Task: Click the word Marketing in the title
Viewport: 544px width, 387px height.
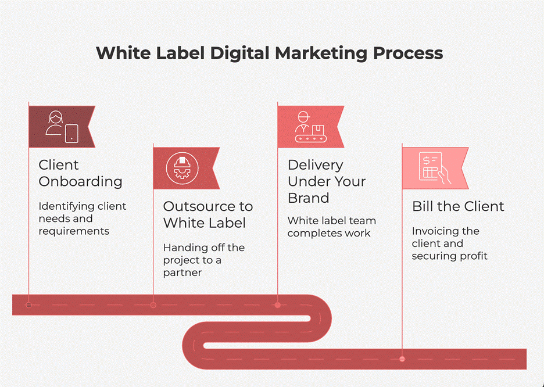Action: tap(321, 53)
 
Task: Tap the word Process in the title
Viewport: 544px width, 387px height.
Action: tap(408, 53)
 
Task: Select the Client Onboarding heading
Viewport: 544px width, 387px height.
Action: tap(80, 173)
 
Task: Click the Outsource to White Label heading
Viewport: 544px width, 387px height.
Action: tap(208, 214)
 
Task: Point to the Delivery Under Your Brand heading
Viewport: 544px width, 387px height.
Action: tap(327, 181)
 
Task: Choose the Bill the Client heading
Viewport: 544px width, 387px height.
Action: tap(458, 206)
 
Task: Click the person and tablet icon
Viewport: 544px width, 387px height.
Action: tap(62, 127)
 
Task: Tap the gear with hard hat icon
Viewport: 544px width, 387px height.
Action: tap(182, 168)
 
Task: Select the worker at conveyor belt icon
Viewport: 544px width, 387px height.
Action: tap(310, 127)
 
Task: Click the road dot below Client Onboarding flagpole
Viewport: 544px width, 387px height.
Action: tap(29, 305)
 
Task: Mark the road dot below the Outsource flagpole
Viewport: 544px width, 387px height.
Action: tap(153, 305)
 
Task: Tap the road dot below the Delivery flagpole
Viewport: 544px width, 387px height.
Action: tap(278, 305)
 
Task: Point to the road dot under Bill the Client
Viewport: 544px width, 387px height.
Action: tap(402, 359)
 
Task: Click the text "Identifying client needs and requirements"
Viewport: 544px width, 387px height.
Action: tap(82, 218)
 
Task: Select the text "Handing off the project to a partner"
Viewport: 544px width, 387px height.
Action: tap(204, 260)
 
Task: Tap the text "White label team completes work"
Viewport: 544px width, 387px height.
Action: tap(332, 227)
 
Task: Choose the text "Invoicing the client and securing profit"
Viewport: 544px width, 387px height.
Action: tap(450, 243)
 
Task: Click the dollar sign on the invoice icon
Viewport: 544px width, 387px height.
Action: tap(427, 160)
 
